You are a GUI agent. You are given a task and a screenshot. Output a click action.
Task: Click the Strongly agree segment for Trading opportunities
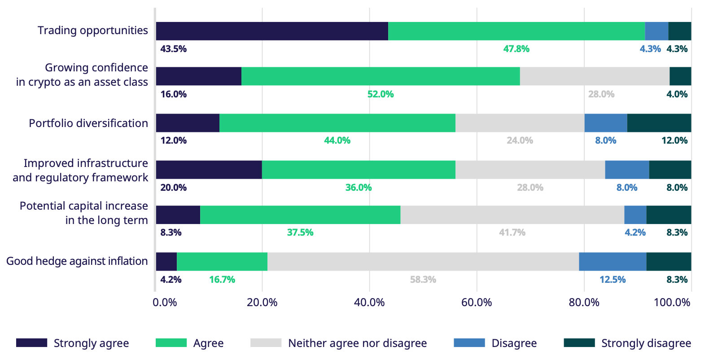click(272, 31)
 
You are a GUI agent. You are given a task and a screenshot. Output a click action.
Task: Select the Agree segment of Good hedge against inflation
click(222, 262)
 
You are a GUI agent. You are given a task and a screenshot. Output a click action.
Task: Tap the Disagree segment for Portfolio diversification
click(605, 123)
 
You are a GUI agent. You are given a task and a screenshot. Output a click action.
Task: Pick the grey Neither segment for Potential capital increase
click(512, 215)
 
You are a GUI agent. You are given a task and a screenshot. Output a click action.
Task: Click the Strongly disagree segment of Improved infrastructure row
click(670, 170)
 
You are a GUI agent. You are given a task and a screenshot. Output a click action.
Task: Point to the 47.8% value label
click(516, 49)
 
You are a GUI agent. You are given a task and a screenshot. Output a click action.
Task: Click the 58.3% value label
click(423, 280)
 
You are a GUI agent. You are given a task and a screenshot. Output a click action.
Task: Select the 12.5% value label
click(612, 280)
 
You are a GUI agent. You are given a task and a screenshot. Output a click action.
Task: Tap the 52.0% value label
click(381, 94)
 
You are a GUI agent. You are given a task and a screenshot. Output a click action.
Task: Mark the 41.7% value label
click(512, 233)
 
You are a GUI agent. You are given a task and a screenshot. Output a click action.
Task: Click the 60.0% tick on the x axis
click(477, 303)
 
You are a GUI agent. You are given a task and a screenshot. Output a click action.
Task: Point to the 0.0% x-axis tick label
click(165, 303)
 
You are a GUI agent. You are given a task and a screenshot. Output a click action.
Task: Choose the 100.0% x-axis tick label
click(672, 303)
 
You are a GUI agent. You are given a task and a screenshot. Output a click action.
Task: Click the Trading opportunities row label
click(92, 31)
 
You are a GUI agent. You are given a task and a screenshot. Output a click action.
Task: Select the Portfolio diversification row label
click(88, 123)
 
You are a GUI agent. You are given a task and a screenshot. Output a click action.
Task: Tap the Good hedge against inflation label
click(77, 261)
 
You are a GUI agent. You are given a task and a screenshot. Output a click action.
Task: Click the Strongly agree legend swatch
click(31, 343)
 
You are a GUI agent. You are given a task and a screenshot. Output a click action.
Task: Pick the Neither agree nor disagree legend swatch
click(266, 343)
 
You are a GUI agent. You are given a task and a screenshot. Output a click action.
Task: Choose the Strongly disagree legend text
click(646, 343)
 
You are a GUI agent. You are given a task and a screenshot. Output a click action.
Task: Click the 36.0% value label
click(358, 188)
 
